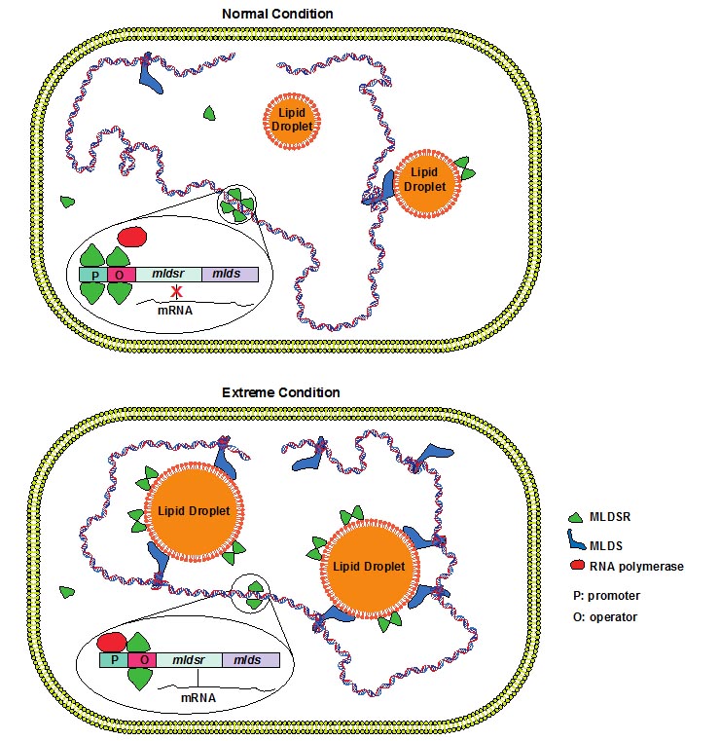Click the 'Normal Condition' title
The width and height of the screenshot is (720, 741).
(x=277, y=14)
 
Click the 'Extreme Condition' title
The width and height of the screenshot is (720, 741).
(x=281, y=391)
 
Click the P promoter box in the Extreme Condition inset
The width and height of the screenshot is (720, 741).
(x=112, y=659)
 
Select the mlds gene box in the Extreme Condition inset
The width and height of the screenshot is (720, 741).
(x=250, y=659)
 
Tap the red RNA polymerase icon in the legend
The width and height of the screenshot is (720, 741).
(x=577, y=566)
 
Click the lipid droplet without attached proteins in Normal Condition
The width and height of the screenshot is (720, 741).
(x=293, y=121)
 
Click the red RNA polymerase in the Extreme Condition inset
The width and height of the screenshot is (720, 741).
(x=112, y=640)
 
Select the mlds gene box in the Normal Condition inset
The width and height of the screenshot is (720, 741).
(x=229, y=275)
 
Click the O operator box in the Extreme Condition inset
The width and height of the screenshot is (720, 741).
(x=140, y=659)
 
